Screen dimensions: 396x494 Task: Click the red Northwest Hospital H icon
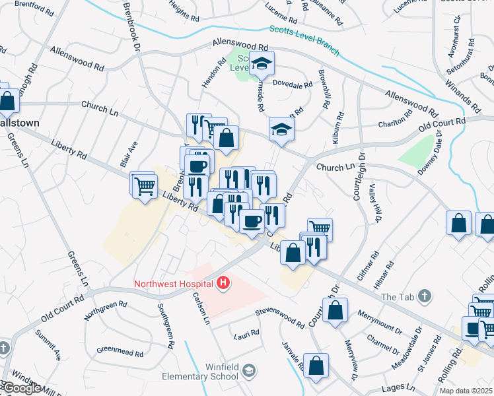point(224,284)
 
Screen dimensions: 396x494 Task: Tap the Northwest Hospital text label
point(174,284)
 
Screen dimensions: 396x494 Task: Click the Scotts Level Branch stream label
point(304,40)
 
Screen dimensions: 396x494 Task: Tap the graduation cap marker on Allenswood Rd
point(262,64)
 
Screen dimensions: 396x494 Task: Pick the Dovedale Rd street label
point(293,85)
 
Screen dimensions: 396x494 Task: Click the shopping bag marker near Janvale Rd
point(316,367)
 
